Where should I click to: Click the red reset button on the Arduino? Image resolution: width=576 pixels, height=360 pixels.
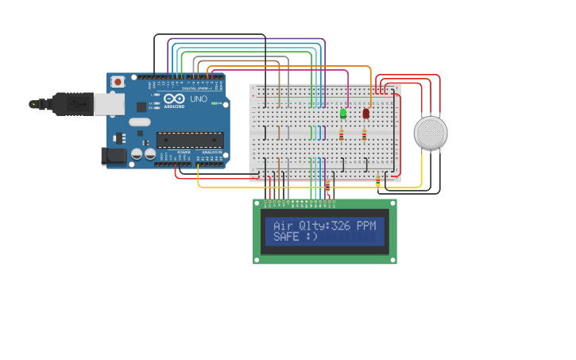(x=118, y=81)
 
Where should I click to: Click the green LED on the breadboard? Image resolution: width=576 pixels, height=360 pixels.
(x=343, y=114)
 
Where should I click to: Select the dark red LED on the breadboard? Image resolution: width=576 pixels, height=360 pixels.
(x=365, y=114)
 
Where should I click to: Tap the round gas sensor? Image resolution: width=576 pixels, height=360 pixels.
(x=431, y=133)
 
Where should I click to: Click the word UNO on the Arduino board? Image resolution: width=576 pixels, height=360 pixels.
(x=198, y=99)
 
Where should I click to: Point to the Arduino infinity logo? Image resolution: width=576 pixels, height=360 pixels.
(x=174, y=98)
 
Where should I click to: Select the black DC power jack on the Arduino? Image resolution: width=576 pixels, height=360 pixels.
(x=114, y=156)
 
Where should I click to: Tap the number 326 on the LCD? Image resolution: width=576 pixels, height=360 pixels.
(x=341, y=226)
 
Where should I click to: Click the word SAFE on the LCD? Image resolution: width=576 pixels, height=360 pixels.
(x=286, y=237)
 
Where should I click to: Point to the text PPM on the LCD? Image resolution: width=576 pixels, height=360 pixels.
(x=366, y=226)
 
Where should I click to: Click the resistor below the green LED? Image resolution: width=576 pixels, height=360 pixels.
(x=342, y=135)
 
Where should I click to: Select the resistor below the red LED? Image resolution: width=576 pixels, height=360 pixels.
(x=364, y=135)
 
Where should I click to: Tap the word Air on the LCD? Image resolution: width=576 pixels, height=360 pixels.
(x=283, y=226)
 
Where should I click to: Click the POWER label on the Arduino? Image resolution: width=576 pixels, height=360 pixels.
(x=184, y=152)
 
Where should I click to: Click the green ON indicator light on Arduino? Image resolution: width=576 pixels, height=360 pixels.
(x=215, y=103)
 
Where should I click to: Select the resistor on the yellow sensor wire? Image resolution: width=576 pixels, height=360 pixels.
(x=378, y=183)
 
